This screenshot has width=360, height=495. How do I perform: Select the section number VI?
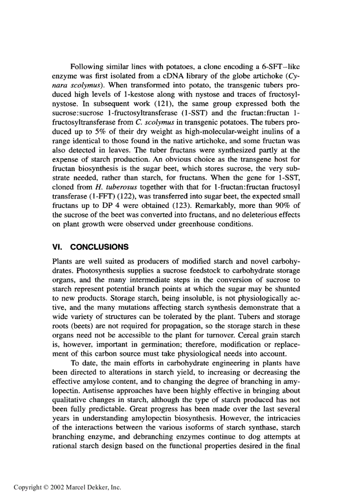tap(57, 247)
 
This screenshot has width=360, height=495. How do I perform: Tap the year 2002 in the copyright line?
tap(58, 488)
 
